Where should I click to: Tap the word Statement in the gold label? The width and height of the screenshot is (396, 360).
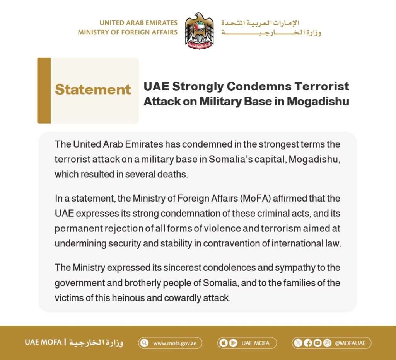tap(93, 90)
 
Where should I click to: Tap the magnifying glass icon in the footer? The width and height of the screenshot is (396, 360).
tap(145, 343)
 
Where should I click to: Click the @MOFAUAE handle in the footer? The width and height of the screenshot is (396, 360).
tap(350, 343)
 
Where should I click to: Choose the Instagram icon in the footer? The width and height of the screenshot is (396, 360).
tap(327, 343)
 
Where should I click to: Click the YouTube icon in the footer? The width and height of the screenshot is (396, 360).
tap(317, 343)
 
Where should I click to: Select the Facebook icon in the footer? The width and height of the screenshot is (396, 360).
tap(308, 343)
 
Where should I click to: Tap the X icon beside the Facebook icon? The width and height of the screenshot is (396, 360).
tap(298, 343)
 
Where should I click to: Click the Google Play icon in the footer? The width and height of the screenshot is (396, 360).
tap(233, 343)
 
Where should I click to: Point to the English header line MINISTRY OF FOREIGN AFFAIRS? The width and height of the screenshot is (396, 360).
tap(128, 32)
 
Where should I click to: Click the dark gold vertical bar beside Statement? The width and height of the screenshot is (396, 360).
tap(44, 90)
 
